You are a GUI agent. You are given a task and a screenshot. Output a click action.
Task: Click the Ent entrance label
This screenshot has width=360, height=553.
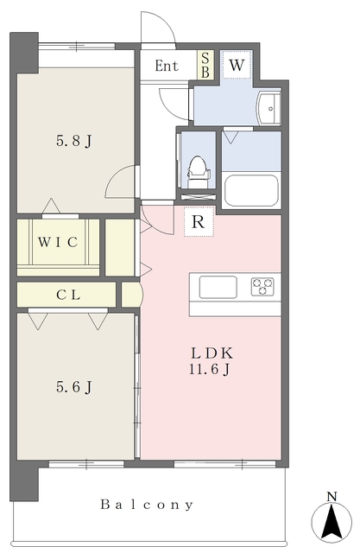(167, 66)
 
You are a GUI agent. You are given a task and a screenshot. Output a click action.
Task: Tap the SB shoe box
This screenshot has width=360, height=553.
(205, 65)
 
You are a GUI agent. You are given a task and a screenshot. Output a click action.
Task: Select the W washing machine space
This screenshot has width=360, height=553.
(237, 65)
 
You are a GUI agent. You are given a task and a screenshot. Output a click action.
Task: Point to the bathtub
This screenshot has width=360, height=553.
(251, 190)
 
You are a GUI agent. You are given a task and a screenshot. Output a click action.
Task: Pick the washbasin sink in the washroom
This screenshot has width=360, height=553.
(268, 108)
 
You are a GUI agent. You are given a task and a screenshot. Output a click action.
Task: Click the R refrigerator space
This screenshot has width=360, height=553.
(199, 221)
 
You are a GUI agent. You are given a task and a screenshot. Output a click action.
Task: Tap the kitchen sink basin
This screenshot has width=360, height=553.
(218, 287)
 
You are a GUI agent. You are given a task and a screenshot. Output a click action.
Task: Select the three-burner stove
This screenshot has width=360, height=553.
(262, 286)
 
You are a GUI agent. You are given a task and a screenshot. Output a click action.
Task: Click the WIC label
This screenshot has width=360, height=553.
(58, 242)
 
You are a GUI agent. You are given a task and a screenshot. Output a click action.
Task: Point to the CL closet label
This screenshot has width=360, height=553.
(68, 295)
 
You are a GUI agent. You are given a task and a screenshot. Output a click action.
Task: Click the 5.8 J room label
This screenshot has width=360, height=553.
(74, 142)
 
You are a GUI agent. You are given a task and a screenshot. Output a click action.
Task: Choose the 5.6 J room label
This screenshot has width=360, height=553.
(74, 387)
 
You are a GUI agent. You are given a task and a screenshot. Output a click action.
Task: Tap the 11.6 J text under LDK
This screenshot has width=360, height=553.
(210, 369)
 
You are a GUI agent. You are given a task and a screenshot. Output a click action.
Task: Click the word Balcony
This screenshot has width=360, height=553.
(147, 505)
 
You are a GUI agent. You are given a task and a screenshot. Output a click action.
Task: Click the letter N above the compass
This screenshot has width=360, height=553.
(332, 496)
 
